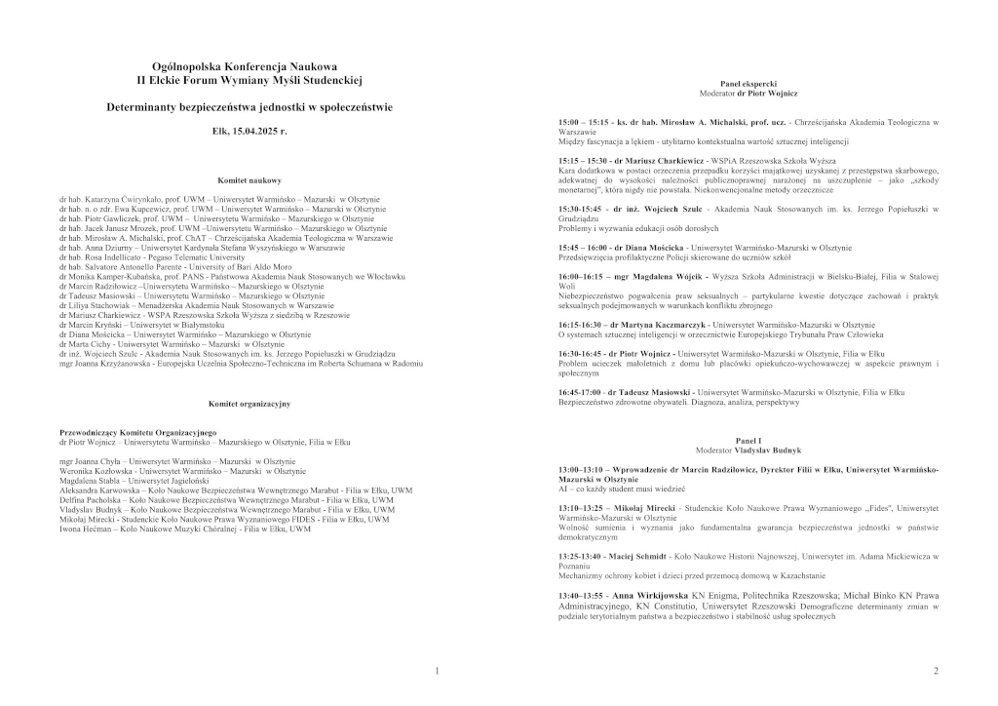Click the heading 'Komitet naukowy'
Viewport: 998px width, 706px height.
coord(249,180)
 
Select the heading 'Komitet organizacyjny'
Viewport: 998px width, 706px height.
coord(249,402)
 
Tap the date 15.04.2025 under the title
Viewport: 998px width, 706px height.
coord(261,130)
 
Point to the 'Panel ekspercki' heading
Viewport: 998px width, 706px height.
coord(748,85)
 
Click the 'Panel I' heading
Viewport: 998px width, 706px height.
coord(748,442)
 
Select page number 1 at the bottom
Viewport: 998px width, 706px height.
coord(437,671)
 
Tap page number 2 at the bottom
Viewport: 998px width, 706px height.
coord(936,671)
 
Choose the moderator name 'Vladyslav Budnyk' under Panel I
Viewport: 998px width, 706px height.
coord(769,451)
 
